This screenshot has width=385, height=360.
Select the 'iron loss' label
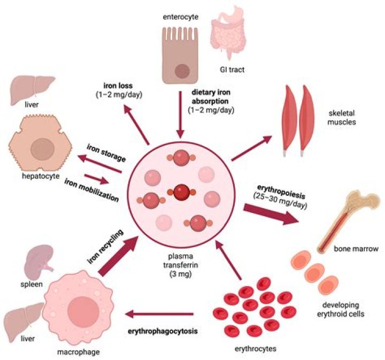(119, 89)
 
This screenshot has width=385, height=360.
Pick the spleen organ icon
(41, 256)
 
